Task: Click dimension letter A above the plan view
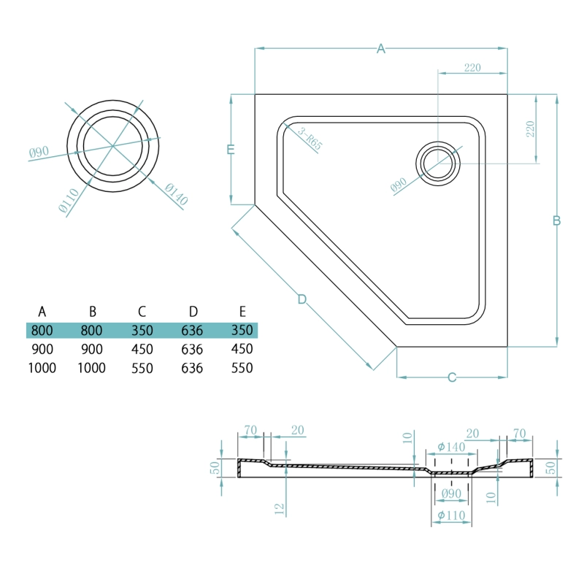click(x=380, y=49)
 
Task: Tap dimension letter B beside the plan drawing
click(x=556, y=220)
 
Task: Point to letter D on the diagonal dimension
click(x=301, y=299)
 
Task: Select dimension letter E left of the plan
click(x=231, y=150)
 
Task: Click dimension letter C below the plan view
click(x=452, y=377)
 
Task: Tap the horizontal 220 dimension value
click(x=472, y=68)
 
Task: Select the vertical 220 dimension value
click(x=531, y=129)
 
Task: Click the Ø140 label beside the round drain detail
click(x=176, y=193)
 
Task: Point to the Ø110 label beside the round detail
click(x=69, y=201)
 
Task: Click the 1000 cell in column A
click(x=42, y=368)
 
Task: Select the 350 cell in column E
click(x=241, y=330)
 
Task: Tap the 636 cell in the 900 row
click(x=191, y=349)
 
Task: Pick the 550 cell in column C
click(x=142, y=368)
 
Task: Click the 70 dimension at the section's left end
click(x=250, y=431)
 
